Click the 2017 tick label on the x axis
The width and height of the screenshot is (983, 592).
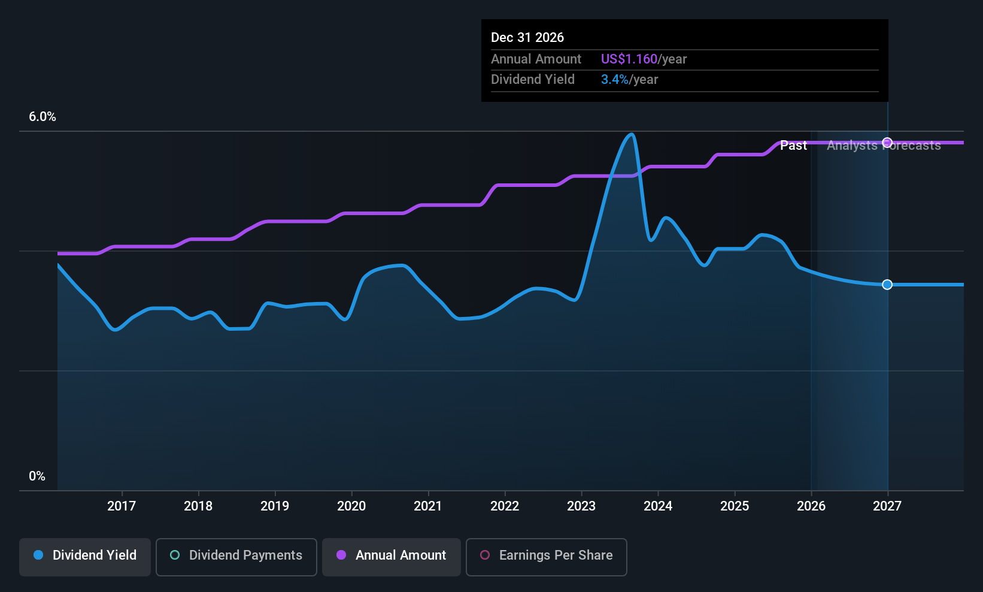pyautogui.click(x=122, y=506)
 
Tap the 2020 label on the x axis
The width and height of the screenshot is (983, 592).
pyautogui.click(x=351, y=506)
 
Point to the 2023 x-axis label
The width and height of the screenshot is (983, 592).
pyautogui.click(x=581, y=506)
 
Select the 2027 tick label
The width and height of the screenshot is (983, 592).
pyautogui.click(x=887, y=506)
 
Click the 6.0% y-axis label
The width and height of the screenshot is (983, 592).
pyautogui.click(x=43, y=117)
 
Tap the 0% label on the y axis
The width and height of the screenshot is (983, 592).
pyautogui.click(x=37, y=476)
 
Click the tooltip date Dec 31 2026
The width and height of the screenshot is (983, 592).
pyautogui.click(x=527, y=37)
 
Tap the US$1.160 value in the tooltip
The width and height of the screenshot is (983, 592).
pyautogui.click(x=629, y=59)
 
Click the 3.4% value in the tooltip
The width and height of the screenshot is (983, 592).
pyautogui.click(x=615, y=80)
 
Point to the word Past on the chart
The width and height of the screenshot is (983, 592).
pyautogui.click(x=793, y=146)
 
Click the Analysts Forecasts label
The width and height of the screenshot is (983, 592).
pyautogui.click(x=884, y=146)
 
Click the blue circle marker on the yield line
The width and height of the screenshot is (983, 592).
pyautogui.click(x=887, y=285)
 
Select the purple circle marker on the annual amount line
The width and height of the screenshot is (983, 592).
pyautogui.click(x=887, y=143)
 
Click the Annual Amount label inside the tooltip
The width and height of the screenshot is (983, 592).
pyautogui.click(x=536, y=59)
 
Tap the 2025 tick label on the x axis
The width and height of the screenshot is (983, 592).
pyautogui.click(x=735, y=506)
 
